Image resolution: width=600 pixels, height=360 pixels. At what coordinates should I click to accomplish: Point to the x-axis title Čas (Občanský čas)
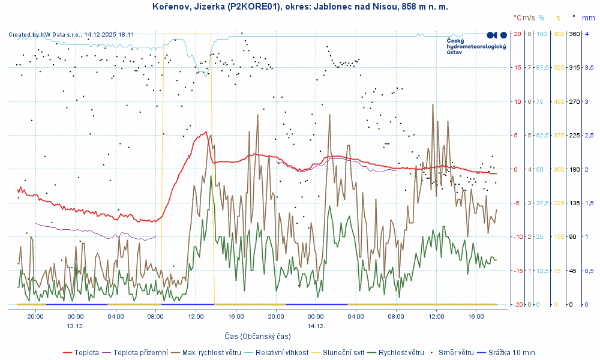point(257,336)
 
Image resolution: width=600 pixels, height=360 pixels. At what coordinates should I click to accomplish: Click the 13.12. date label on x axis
point(76,326)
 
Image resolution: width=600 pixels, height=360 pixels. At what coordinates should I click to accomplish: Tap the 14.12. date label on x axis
point(316,326)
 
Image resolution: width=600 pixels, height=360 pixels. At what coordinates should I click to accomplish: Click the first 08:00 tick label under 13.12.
point(155,316)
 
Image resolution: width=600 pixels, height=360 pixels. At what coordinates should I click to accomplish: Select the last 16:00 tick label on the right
point(476,316)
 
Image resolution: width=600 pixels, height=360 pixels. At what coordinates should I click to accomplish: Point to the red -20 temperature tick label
point(517,305)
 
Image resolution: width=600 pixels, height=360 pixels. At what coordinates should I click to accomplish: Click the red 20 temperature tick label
point(517,34)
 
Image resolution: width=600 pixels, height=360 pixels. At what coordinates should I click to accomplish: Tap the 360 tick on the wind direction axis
point(574,34)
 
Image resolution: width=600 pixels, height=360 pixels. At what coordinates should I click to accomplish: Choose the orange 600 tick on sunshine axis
point(558,34)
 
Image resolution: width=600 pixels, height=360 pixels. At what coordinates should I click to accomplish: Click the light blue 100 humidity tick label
point(541,34)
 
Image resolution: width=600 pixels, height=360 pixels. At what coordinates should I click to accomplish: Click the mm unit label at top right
point(589,18)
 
